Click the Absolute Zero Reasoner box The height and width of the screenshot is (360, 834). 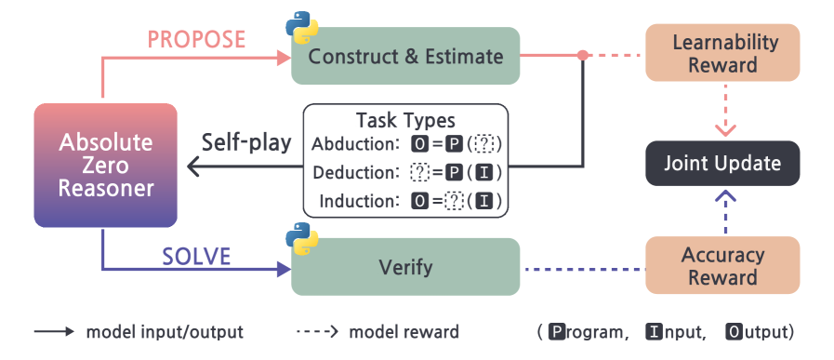(105, 166)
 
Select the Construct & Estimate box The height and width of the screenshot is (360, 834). (405, 56)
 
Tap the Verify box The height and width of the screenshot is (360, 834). (405, 268)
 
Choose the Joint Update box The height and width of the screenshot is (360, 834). (722, 165)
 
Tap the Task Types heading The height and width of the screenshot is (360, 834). (405, 120)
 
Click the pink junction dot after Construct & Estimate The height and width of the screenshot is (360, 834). (582, 56)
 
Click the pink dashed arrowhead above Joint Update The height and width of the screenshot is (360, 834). (722, 127)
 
